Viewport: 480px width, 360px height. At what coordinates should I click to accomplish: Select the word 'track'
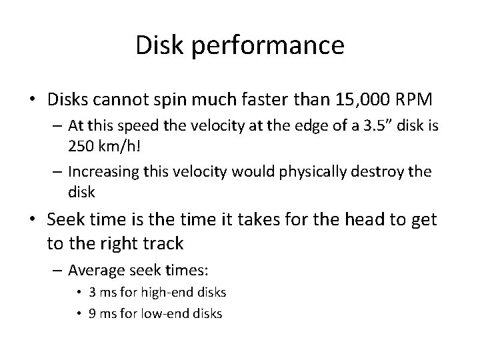click(161, 243)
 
